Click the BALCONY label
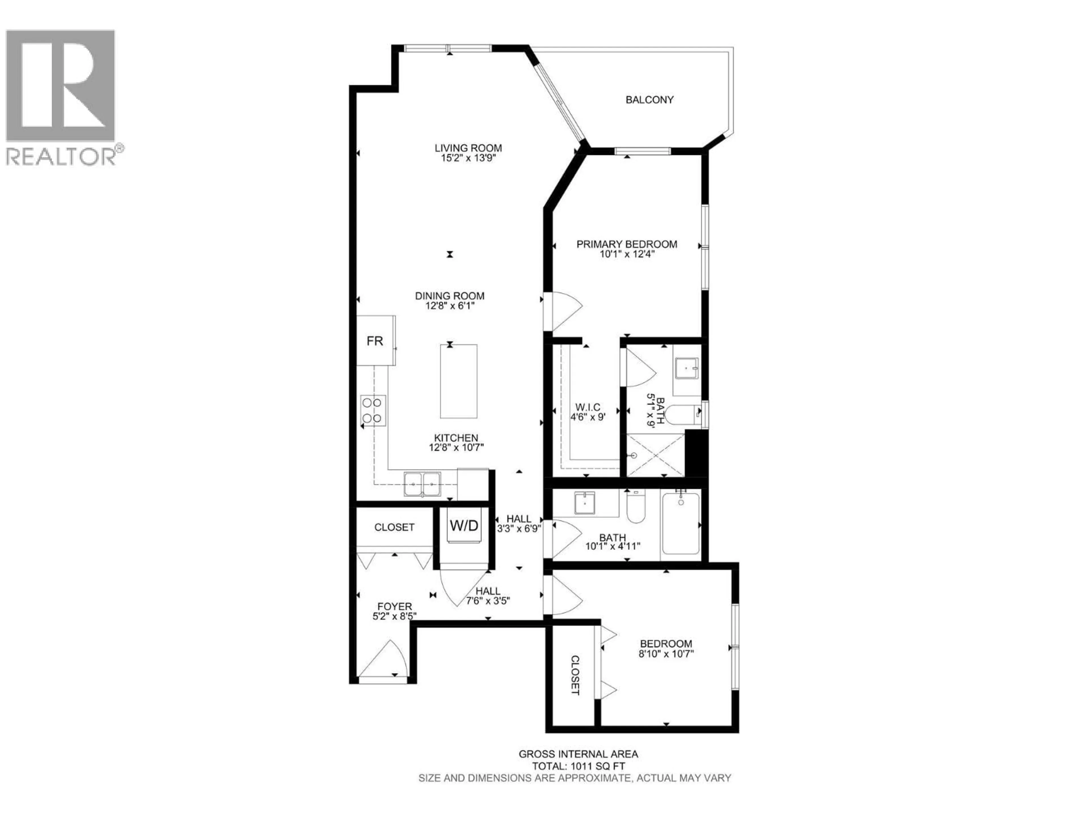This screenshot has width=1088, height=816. point(649,100)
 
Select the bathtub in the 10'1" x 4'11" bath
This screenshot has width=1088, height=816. point(681,524)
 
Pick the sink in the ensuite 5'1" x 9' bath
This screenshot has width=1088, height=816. point(687,368)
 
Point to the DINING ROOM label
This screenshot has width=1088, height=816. point(450,296)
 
